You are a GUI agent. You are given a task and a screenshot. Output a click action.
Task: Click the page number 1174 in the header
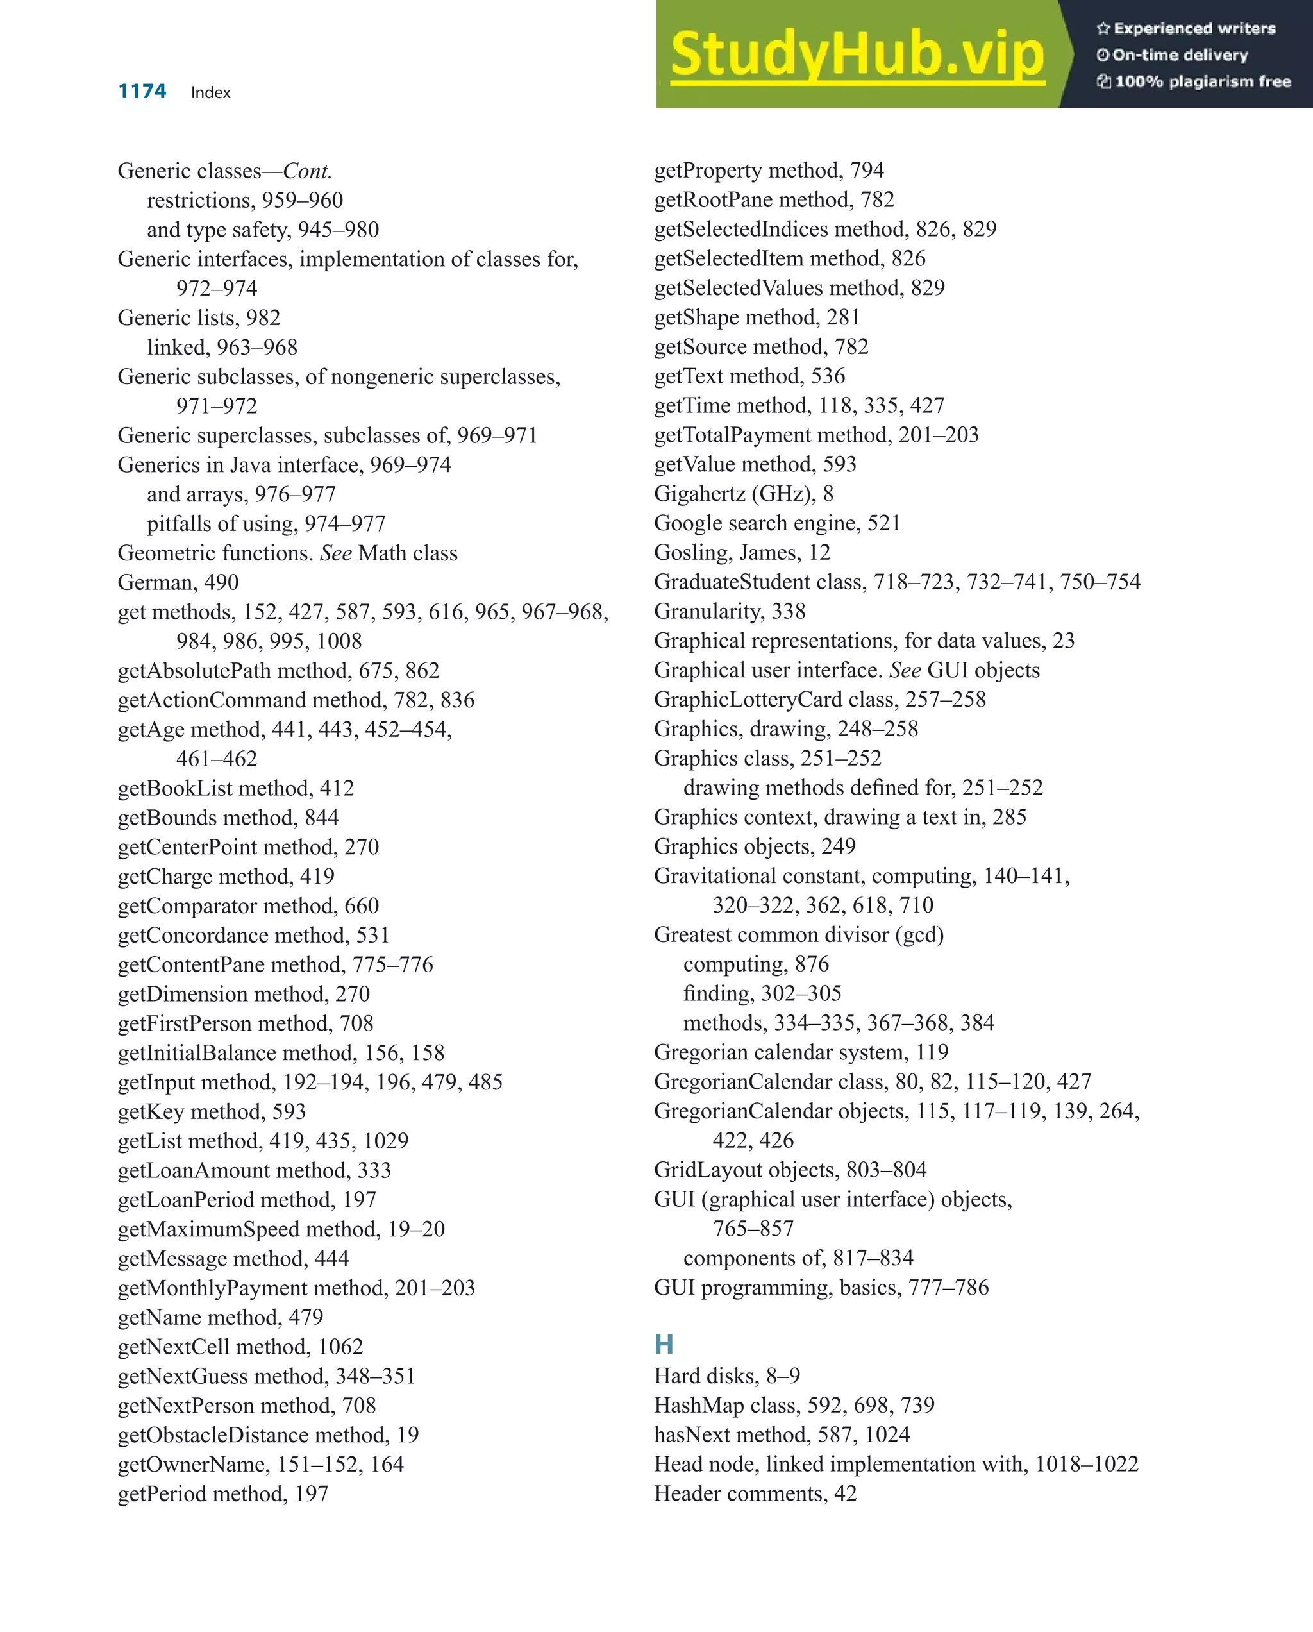(x=142, y=92)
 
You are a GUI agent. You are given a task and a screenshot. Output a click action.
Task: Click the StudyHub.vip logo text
(x=857, y=55)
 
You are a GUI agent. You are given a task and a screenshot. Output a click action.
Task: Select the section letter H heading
(x=664, y=1343)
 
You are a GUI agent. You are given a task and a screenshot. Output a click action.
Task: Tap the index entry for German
(x=178, y=582)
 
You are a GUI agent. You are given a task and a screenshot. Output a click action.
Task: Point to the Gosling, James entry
(x=742, y=553)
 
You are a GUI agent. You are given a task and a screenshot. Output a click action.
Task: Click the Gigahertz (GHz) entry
(x=743, y=494)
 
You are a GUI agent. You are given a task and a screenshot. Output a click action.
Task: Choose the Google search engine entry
(x=776, y=523)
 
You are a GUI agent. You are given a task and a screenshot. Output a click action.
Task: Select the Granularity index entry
(x=729, y=611)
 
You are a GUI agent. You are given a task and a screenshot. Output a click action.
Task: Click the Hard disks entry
(x=726, y=1375)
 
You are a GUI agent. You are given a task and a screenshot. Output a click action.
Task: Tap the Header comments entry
(x=755, y=1493)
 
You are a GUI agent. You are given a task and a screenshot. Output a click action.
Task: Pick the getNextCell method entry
(x=240, y=1347)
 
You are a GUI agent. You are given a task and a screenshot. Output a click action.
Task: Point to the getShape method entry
(x=756, y=317)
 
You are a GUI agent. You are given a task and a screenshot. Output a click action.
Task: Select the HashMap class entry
(x=794, y=1405)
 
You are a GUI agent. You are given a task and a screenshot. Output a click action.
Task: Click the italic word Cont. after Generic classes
(x=307, y=171)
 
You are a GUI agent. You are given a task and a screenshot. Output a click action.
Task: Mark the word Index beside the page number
(x=210, y=92)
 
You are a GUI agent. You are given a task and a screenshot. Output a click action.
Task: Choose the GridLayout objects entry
(x=789, y=1170)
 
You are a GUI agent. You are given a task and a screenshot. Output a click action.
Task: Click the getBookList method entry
(x=235, y=788)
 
